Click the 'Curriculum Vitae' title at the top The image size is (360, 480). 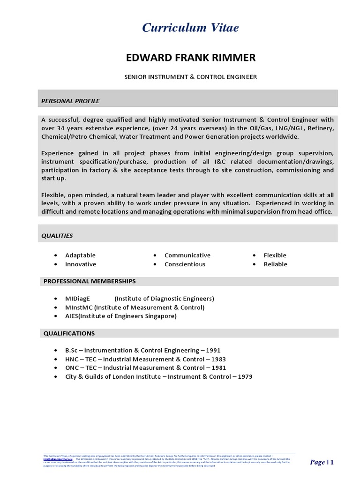(190, 28)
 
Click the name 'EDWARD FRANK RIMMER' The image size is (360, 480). (191, 58)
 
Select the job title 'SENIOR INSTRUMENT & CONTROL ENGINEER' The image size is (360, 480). (190, 76)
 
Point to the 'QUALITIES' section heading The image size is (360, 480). (57, 235)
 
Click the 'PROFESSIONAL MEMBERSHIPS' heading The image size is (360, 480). (90, 281)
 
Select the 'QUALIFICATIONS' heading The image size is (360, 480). (69, 333)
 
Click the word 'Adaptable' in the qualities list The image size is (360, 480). (80, 255)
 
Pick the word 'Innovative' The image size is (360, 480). (81, 264)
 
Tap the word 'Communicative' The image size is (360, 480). (187, 255)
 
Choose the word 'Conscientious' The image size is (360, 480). (185, 264)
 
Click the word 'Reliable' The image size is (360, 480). (275, 264)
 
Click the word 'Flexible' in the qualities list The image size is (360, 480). (275, 255)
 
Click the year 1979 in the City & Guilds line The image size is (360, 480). (244, 377)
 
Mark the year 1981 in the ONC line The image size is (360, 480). (218, 368)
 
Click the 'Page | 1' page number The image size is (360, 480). (322, 463)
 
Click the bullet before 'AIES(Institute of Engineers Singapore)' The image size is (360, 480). (56, 316)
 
